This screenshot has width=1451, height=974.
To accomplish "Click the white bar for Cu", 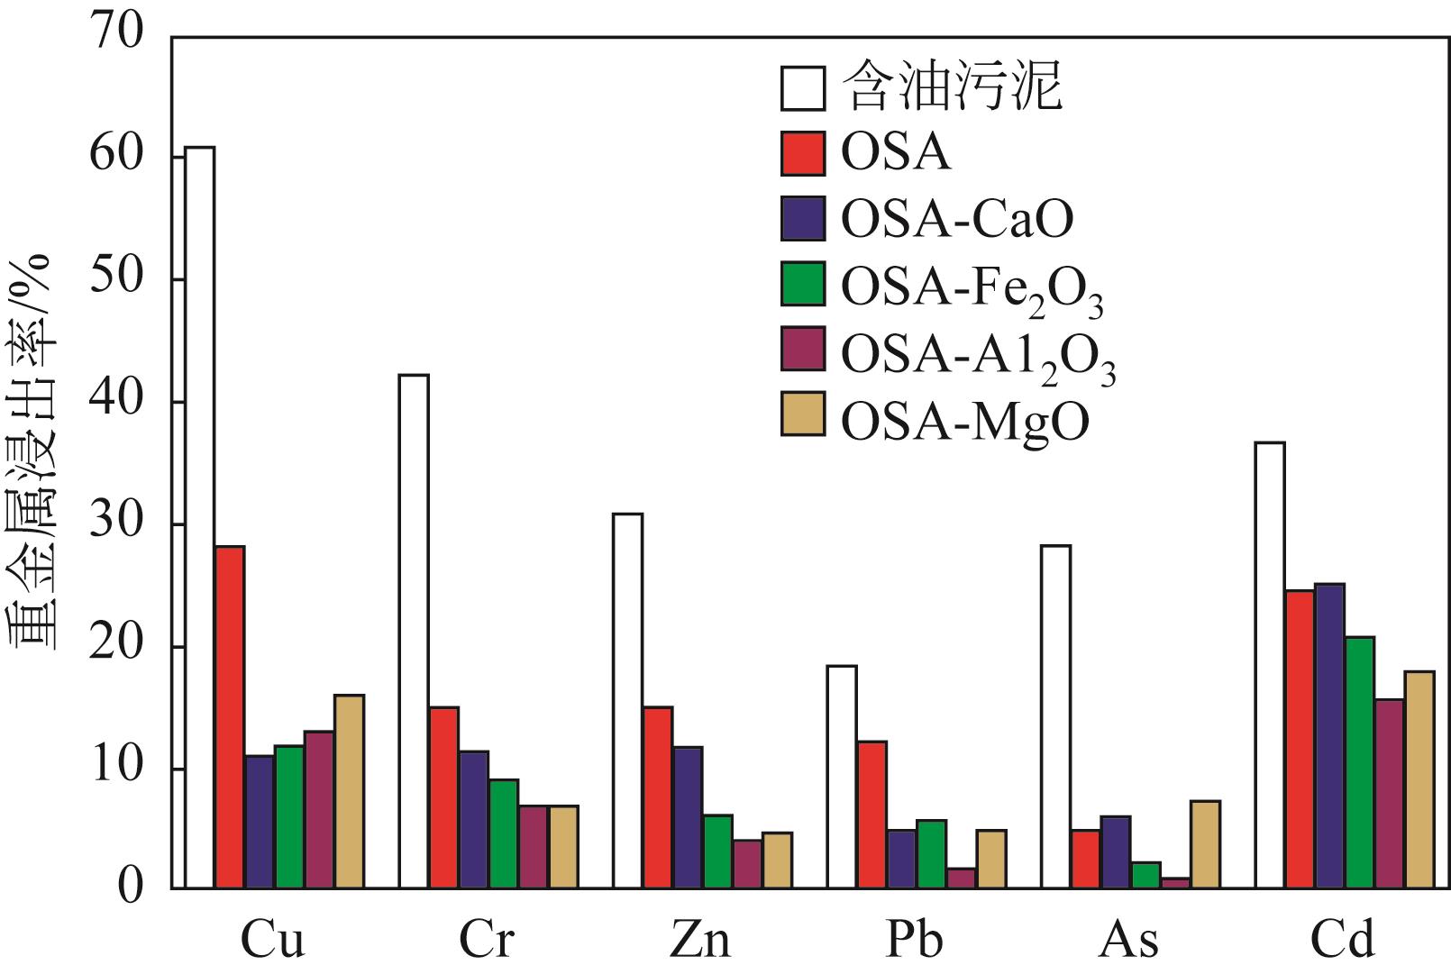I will click(x=199, y=518).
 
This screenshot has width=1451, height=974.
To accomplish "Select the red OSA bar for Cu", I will click(x=230, y=717).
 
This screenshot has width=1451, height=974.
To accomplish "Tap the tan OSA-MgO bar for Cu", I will click(x=349, y=792).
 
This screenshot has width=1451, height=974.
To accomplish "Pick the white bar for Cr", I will click(x=414, y=632).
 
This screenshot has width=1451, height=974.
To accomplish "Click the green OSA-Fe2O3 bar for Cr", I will click(x=503, y=834).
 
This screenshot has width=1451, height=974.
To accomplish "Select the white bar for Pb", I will click(x=842, y=778).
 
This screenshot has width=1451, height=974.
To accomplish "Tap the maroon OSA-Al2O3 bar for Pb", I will click(x=962, y=878).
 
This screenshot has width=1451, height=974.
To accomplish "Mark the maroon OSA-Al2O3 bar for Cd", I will click(x=1389, y=794).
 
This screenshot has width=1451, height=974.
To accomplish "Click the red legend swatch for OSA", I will click(x=802, y=153).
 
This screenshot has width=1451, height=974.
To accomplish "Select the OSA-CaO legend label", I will click(x=957, y=219).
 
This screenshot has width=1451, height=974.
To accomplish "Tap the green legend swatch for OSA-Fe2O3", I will click(x=802, y=285).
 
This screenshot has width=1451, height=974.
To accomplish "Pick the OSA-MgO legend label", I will click(x=965, y=420).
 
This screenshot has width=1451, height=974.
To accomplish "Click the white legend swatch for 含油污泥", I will click(x=802, y=87).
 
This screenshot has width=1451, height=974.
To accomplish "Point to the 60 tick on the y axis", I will click(x=116, y=157).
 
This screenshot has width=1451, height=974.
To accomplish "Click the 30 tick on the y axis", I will click(x=116, y=524).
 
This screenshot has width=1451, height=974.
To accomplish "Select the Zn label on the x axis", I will click(x=700, y=941).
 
